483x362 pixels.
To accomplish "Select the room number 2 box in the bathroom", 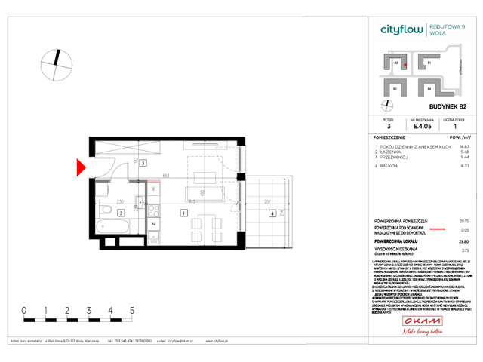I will (x=122, y=213).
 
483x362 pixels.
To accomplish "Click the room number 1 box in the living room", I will (x=183, y=213).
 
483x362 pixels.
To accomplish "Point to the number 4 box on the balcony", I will (x=271, y=213).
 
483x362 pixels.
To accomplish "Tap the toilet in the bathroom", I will (x=138, y=204).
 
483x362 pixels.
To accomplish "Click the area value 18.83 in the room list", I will (x=455, y=148).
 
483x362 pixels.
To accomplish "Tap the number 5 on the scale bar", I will (x=132, y=310).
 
